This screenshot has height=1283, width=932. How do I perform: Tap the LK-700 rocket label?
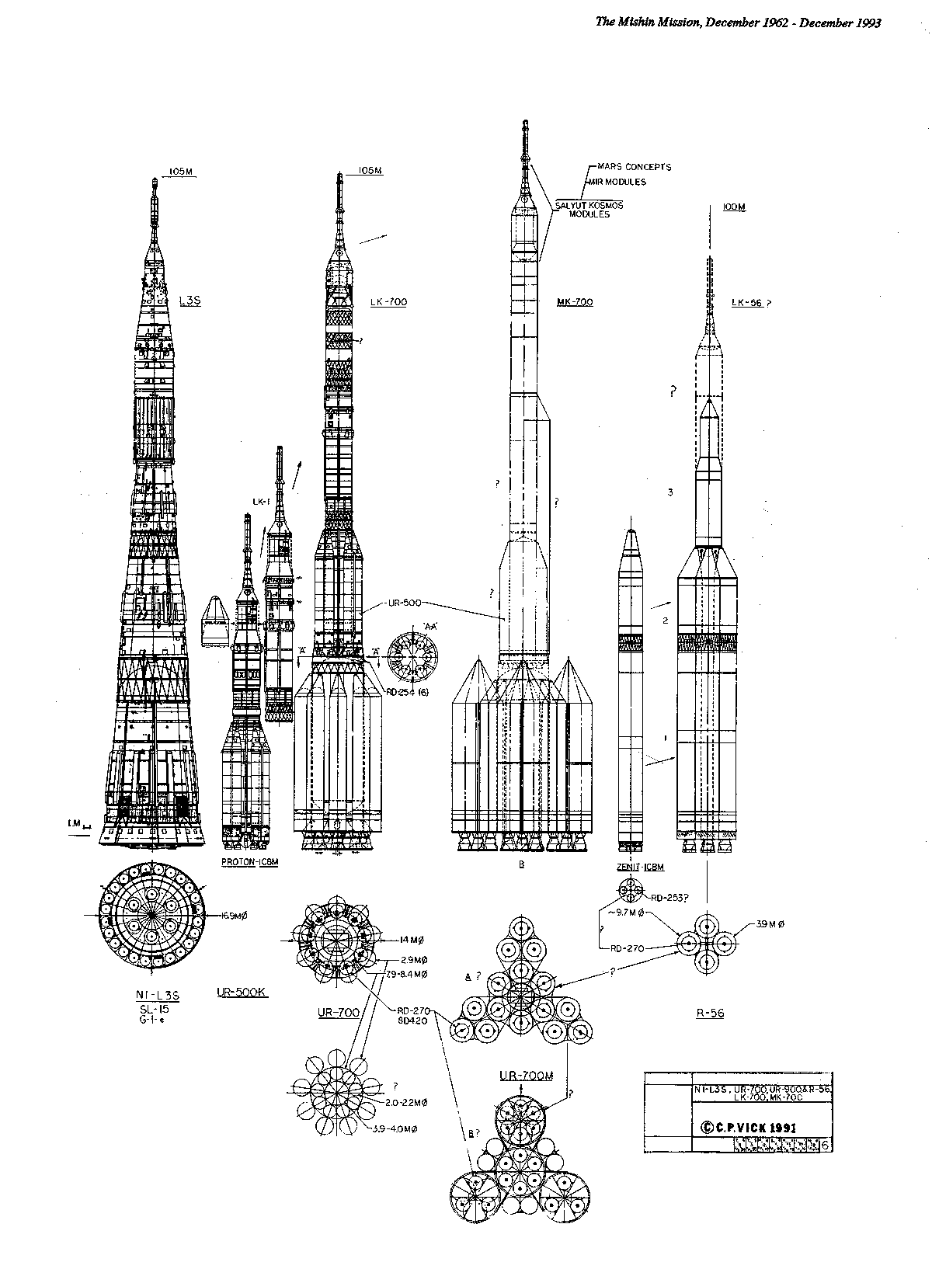pos(389,302)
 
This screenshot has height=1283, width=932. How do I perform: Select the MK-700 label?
pos(575,301)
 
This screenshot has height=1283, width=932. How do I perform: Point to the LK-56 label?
pos(747,302)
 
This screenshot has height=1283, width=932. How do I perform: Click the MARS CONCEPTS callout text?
pos(634,167)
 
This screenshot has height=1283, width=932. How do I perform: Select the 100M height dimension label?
pos(733,207)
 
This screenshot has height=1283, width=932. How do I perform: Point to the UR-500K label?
pos(242,993)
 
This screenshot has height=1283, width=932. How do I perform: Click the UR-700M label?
pos(526,1076)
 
